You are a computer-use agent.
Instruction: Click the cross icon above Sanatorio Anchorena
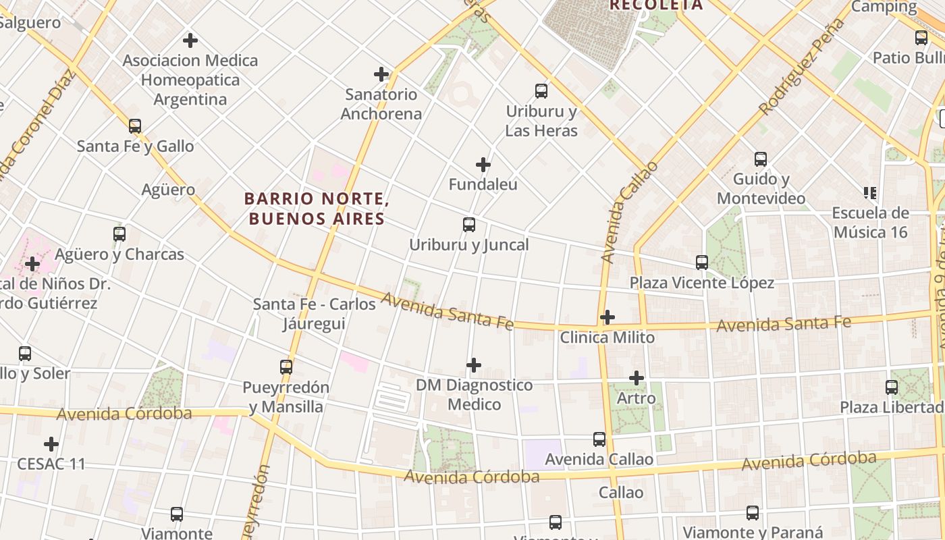pos(381,74)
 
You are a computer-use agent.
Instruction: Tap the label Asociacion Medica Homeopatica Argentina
pos(190,80)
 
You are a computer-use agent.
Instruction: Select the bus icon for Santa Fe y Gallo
pos(135,126)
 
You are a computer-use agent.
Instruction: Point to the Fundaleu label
pos(483,184)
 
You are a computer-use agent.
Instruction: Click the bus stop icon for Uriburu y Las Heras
pos(541,91)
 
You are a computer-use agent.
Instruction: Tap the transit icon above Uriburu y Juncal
pos(469,225)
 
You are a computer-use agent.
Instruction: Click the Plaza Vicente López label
pos(702,283)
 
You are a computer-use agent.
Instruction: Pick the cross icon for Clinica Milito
pos(607,317)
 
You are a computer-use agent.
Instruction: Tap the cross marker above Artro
pos(637,378)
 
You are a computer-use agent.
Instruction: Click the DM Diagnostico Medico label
pos(474,395)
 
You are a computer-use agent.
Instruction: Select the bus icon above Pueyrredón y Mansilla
pos(286,367)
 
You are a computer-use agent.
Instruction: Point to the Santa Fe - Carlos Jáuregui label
pos(315,314)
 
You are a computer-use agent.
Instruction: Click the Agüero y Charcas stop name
pos(119,254)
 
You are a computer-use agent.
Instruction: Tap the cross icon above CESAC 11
pos(51,444)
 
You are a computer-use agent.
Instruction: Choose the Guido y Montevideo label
pos(761,189)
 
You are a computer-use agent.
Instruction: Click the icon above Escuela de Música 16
pos(870,193)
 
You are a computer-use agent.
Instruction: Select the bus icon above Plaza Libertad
pos(892,387)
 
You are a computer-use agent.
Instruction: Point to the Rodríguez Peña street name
pos(801,67)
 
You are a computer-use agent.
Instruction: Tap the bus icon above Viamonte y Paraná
pos(753,513)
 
